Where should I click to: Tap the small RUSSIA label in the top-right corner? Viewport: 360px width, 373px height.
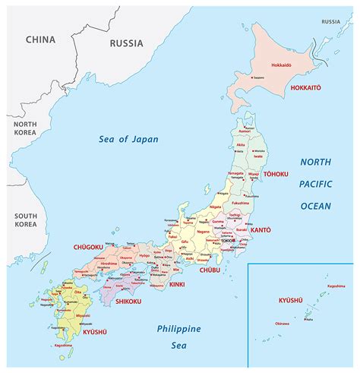pos(330,22)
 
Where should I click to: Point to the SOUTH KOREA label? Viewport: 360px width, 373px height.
pos(25,220)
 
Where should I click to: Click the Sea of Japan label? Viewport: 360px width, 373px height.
pos(125,138)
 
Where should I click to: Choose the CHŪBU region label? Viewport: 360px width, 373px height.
pos(210,270)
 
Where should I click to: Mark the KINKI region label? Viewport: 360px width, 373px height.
pos(177,284)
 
